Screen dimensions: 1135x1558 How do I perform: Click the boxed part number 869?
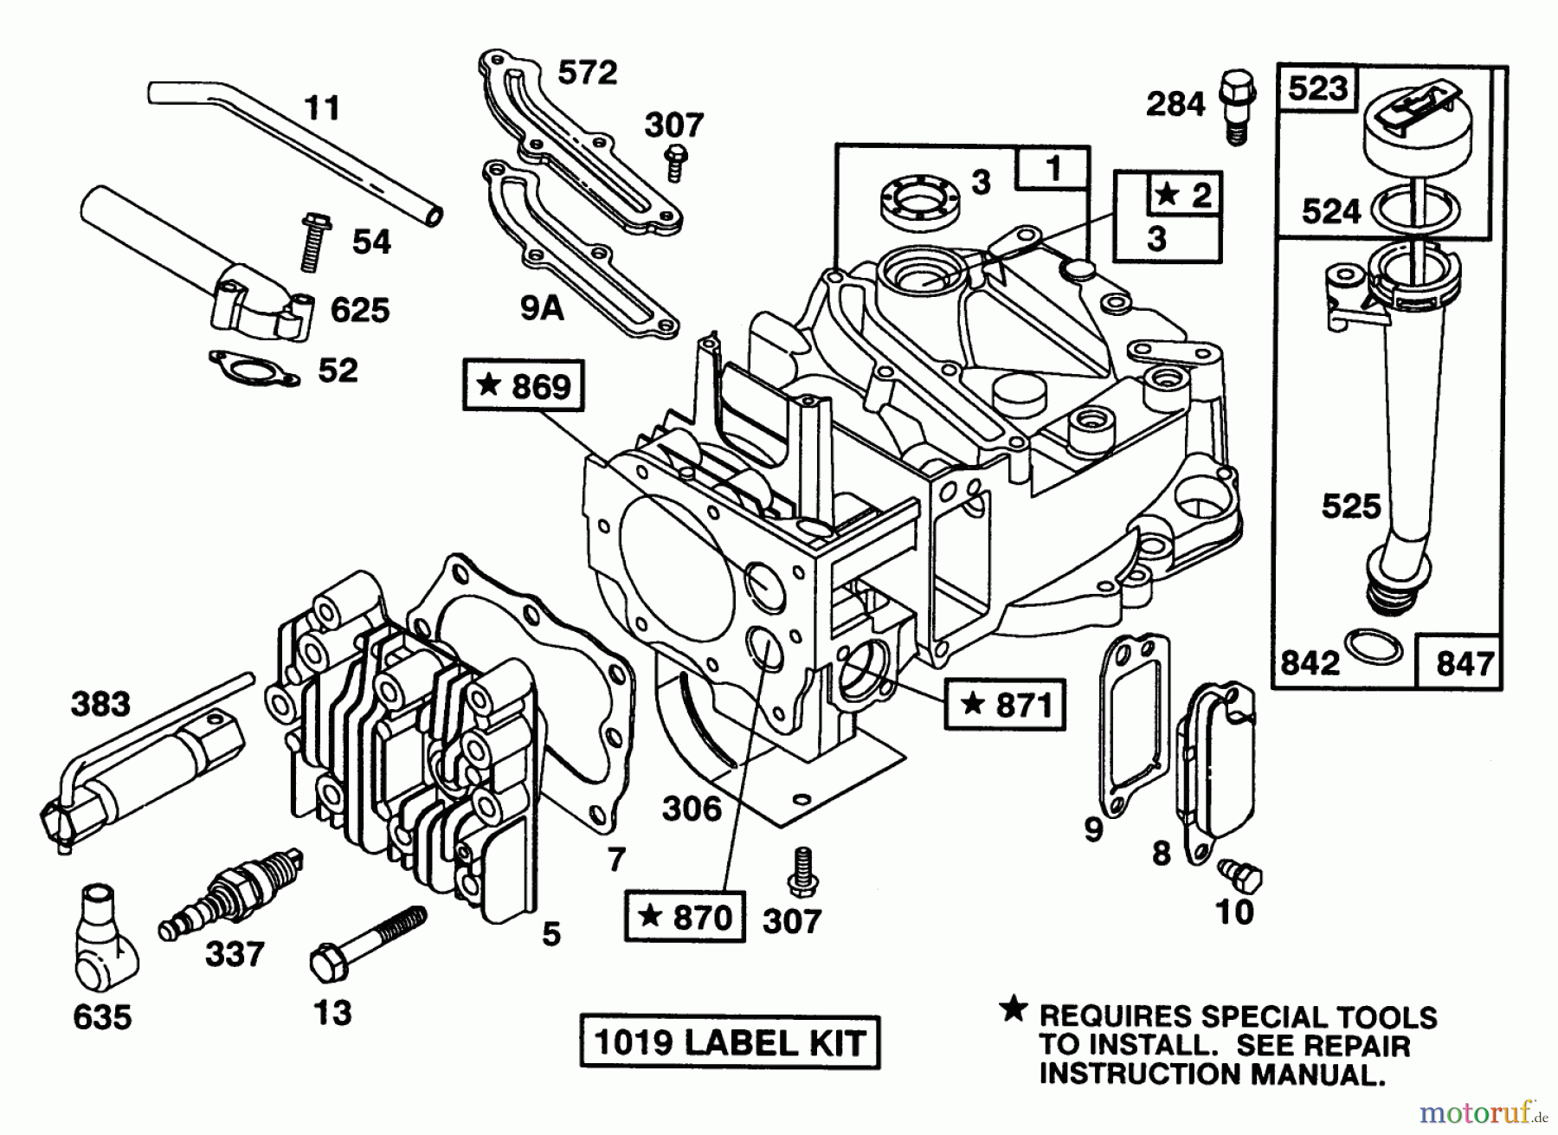pyautogui.click(x=524, y=386)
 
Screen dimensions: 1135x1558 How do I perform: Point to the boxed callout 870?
pyautogui.click(x=684, y=917)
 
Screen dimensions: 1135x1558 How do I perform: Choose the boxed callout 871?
pyautogui.click(x=1005, y=706)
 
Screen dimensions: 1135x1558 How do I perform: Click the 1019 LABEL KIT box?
pyautogui.click(x=729, y=1042)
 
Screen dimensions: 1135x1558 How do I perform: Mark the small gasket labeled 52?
pyautogui.click(x=254, y=368)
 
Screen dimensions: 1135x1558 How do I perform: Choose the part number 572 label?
pyautogui.click(x=587, y=73)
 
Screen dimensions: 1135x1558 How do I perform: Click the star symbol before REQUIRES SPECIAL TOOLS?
pyautogui.click(x=1013, y=1009)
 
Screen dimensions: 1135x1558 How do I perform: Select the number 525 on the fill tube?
pyautogui.click(x=1351, y=506)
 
